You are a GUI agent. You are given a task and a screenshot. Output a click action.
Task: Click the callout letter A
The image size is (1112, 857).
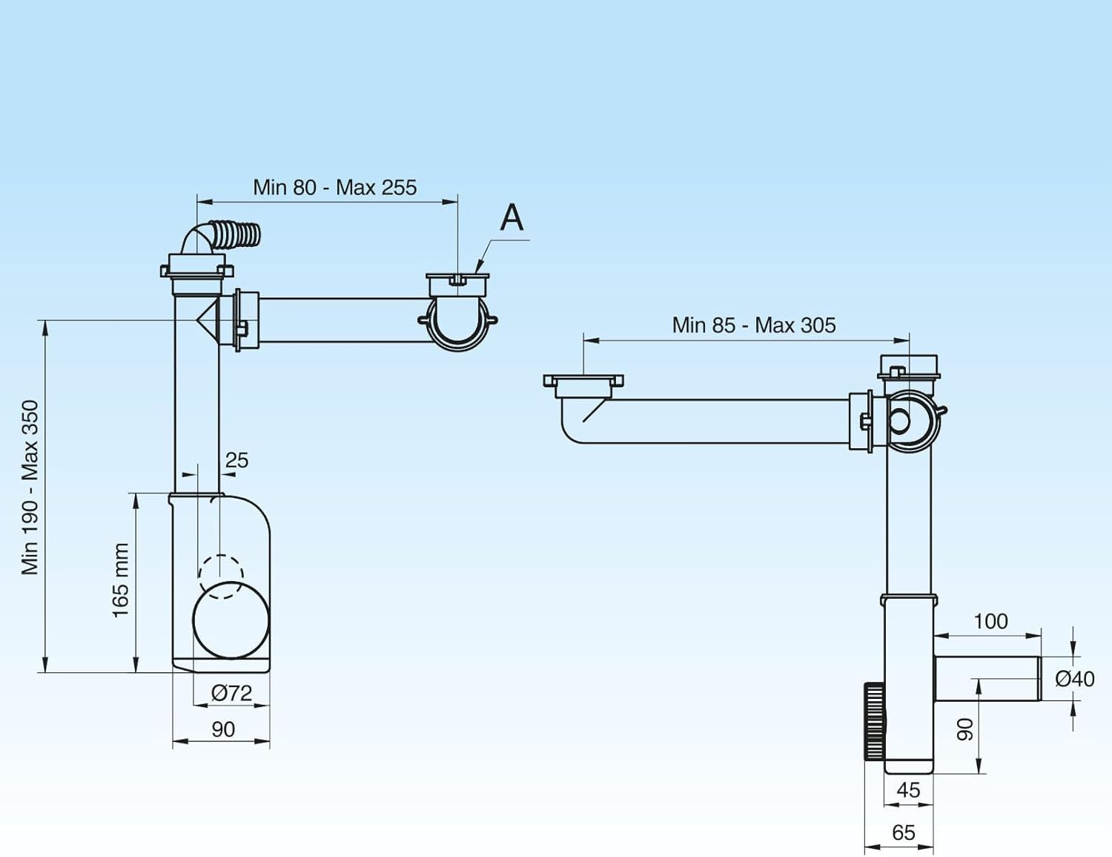pos(512,218)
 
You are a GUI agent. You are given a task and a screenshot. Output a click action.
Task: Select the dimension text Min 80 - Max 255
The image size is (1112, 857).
pos(334,188)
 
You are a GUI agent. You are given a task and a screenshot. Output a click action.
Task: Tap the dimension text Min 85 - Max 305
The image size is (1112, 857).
pos(754,325)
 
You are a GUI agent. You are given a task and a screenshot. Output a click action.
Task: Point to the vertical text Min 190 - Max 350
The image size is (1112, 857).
pos(30,487)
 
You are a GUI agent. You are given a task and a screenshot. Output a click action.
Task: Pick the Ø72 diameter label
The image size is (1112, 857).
pos(232,693)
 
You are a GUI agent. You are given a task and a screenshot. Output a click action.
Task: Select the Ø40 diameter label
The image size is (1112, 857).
pos(1075,679)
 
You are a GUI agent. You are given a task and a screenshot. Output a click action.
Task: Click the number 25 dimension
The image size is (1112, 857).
pos(237,460)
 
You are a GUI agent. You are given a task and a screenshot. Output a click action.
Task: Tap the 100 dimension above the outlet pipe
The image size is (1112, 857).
pos(990,622)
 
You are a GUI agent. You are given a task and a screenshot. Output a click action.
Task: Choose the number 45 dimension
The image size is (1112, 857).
pos(908,790)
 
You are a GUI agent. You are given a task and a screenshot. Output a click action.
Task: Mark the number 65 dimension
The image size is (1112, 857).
pos(903,833)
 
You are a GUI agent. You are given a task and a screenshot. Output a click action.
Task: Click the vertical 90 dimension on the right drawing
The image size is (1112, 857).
pos(965,729)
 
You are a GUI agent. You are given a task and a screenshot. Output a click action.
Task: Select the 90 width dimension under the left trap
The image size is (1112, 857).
pos(223,729)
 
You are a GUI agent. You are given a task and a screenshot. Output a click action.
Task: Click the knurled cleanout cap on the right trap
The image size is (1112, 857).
pos(874,721)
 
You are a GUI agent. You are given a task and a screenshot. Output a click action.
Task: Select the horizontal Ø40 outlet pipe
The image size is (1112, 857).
pos(987,678)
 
